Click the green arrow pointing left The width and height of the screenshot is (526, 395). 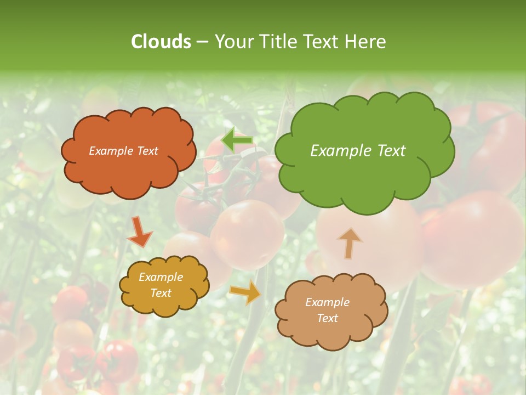[237, 141]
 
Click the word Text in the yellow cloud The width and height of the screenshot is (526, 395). [161, 293]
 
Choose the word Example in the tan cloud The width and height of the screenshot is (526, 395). [327, 302]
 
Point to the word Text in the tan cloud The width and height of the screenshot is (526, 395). [328, 318]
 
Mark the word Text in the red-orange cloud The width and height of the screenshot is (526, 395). [147, 151]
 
